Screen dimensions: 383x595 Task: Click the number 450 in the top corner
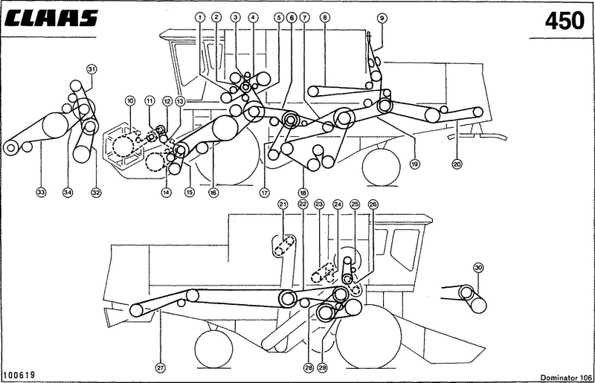click(x=565, y=20)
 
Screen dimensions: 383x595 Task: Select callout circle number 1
click(x=200, y=16)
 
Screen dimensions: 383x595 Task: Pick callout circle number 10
click(x=130, y=100)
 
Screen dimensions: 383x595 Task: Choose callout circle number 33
click(x=41, y=193)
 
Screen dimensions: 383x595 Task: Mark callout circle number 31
click(x=92, y=69)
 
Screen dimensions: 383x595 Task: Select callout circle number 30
click(x=478, y=267)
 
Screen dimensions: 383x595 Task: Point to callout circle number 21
click(x=283, y=204)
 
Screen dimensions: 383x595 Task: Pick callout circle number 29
click(x=322, y=366)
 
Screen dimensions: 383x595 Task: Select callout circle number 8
click(x=324, y=16)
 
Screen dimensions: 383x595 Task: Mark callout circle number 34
click(x=68, y=193)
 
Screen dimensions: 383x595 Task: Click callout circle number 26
click(x=373, y=204)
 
